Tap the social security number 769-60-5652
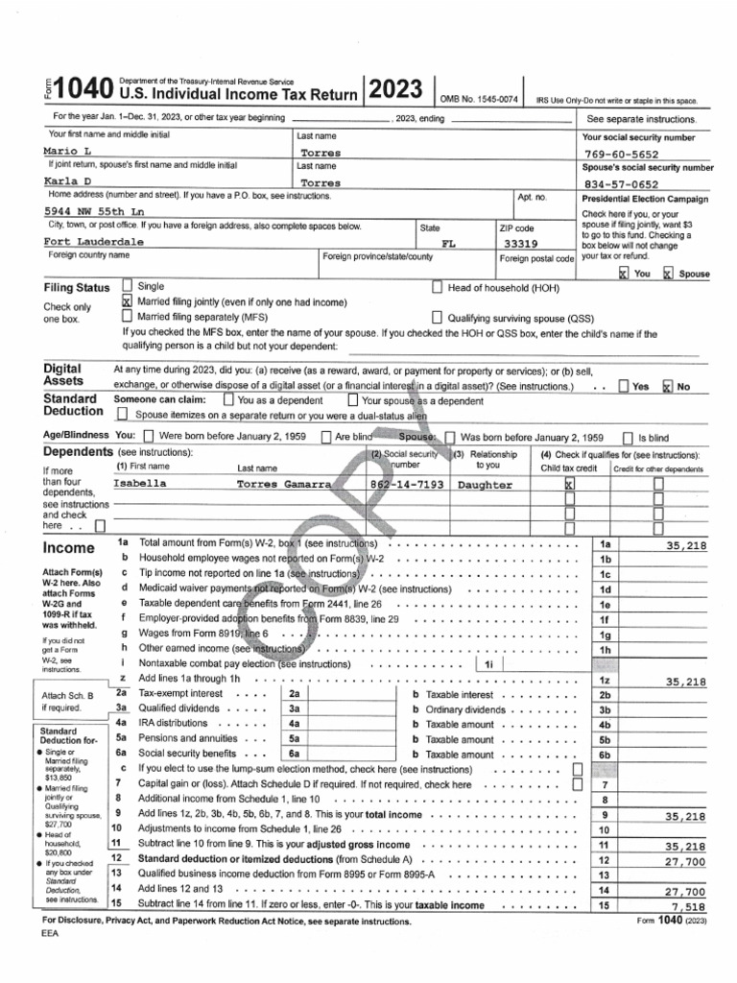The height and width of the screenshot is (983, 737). pyautogui.click(x=621, y=153)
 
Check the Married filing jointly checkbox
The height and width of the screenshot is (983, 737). pyautogui.click(x=128, y=301)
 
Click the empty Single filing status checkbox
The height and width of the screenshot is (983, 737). pyautogui.click(x=128, y=286)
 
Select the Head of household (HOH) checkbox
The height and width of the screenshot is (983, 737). pyautogui.click(x=438, y=286)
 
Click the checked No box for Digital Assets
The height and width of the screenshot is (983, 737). pyautogui.click(x=668, y=386)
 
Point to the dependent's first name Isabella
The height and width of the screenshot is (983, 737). pyautogui.click(x=139, y=485)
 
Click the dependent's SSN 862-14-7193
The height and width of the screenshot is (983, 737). pyautogui.click(x=407, y=486)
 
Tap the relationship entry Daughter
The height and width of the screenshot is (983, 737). pyautogui.click(x=486, y=486)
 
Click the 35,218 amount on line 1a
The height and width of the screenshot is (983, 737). pyautogui.click(x=685, y=545)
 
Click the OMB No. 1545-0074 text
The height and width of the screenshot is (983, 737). pyautogui.click(x=480, y=99)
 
